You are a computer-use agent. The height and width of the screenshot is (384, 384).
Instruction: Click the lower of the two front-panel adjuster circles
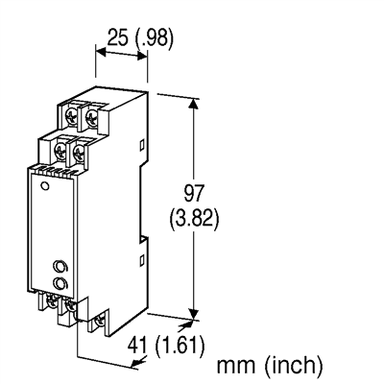(x=60, y=283)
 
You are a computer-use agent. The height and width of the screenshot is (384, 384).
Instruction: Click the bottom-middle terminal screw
(x=70, y=308)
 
